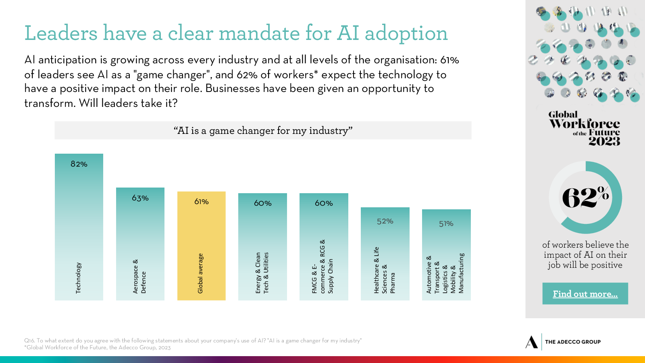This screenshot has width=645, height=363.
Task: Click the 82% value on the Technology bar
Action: tap(79, 164)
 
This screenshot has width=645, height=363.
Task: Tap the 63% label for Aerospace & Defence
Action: tap(140, 198)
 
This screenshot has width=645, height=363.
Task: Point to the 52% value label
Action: tap(385, 221)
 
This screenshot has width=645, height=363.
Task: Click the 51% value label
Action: tap(446, 224)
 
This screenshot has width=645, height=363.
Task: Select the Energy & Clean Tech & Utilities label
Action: tap(262, 273)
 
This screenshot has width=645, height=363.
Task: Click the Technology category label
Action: tap(79, 278)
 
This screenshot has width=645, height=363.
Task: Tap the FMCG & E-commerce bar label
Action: tap(322, 267)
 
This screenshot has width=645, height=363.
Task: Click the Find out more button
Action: tap(585, 294)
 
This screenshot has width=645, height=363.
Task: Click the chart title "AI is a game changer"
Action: tap(263, 131)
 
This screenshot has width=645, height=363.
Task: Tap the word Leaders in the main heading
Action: tap(61, 33)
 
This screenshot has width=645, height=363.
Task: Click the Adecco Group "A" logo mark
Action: tap(532, 342)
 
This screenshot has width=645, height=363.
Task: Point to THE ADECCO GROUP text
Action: tap(573, 342)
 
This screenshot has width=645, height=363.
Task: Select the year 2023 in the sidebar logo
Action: tap(604, 141)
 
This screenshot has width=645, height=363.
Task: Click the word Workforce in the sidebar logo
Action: tap(585, 123)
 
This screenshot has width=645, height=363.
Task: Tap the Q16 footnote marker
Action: tap(29, 340)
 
